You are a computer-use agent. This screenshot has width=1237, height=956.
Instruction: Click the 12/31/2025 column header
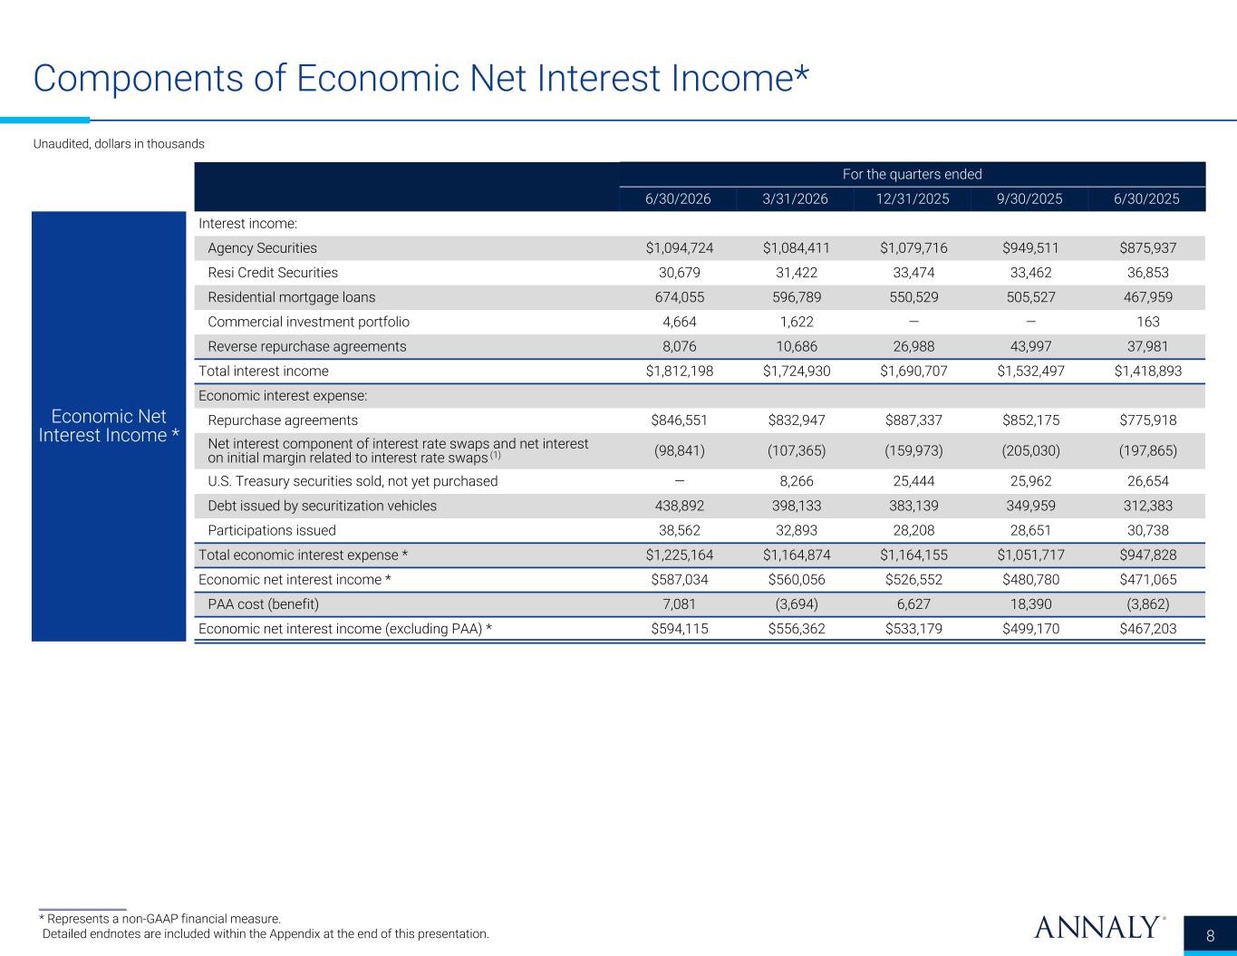click(x=912, y=198)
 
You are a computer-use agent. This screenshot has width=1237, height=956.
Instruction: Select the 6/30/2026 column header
click(x=678, y=198)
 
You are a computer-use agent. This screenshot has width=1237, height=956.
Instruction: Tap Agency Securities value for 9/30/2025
click(x=1030, y=248)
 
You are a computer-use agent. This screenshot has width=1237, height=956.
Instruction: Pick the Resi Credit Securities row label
click(x=273, y=273)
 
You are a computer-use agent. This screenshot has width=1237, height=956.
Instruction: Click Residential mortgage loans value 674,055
click(x=679, y=297)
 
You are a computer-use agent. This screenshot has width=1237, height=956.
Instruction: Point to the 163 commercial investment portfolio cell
click(x=1147, y=322)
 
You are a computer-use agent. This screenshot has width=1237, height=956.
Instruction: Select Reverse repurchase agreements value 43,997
click(x=1030, y=346)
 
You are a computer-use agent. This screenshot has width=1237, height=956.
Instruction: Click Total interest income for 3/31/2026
click(x=797, y=371)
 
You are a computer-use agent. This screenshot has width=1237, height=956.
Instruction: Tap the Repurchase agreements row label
click(x=283, y=420)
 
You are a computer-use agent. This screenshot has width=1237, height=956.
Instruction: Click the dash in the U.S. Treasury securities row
click(x=679, y=481)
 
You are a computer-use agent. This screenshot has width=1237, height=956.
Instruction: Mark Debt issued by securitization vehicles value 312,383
click(x=1147, y=506)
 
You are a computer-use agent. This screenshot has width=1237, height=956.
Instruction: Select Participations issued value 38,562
click(x=679, y=530)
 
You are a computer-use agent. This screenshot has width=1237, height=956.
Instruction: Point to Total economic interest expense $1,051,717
click(x=1030, y=555)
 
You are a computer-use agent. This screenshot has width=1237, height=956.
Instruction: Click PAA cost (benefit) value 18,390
click(x=1030, y=604)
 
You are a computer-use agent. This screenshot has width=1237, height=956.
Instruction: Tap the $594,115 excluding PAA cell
click(x=679, y=629)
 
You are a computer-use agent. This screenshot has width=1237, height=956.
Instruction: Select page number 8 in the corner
click(x=1210, y=935)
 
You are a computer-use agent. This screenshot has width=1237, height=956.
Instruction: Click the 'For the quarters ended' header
click(x=912, y=174)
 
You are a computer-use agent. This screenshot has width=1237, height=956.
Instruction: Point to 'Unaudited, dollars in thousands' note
click(x=119, y=144)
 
